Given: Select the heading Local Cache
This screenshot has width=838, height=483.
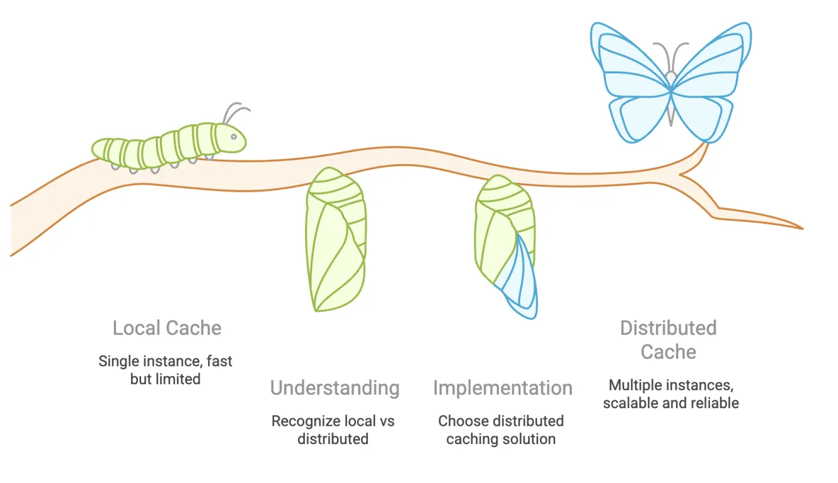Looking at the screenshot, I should click(167, 328).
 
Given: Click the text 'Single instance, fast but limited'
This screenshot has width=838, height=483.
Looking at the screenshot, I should click(166, 370).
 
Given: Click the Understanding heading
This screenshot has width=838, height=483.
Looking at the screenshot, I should click(335, 388).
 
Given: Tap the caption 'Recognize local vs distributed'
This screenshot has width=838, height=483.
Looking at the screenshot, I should click(333, 430).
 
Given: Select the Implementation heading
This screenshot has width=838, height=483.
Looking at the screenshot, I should click(503, 388).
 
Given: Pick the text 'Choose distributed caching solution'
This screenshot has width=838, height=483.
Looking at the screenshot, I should click(501, 430).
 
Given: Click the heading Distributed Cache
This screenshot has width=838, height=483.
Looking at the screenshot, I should click(668, 339).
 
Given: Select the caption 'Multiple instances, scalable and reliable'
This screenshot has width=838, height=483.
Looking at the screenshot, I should click(671, 395).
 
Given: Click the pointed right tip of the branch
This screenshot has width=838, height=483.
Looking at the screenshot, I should click(800, 228).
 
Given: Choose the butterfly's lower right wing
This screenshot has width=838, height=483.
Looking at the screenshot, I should click(701, 117).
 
